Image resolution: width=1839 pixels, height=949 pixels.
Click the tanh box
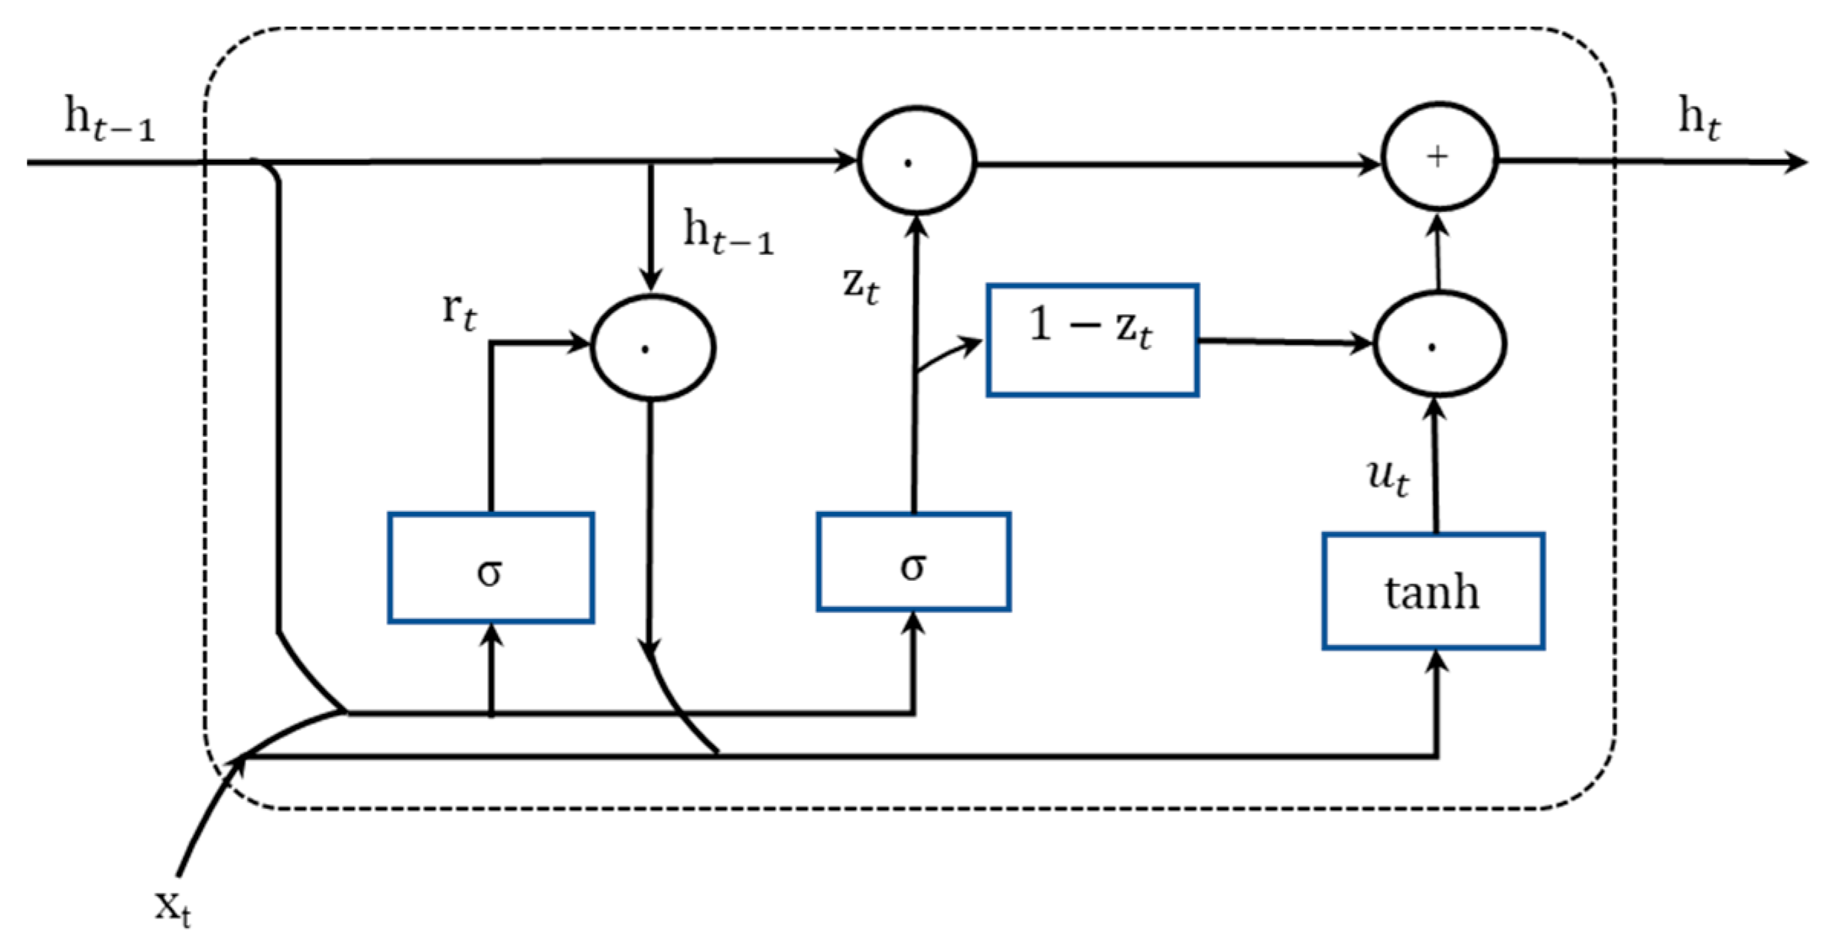tap(1433, 592)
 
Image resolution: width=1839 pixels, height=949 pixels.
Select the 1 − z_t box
tap(1092, 340)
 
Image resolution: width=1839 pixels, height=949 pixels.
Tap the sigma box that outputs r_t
tap(490, 568)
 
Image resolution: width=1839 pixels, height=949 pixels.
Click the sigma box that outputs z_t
tap(913, 562)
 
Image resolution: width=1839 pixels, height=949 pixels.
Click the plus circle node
tap(1439, 157)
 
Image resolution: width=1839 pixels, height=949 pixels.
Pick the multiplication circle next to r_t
tap(653, 347)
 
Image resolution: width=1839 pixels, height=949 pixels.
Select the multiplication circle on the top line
tap(916, 161)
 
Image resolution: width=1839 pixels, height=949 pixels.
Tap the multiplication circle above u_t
tap(1439, 344)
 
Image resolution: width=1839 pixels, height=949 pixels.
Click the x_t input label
tap(173, 908)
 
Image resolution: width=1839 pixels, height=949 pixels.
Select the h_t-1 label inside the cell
tap(727, 233)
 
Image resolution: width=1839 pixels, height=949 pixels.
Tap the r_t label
tap(459, 310)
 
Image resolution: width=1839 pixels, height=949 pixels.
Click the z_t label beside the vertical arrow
tap(861, 285)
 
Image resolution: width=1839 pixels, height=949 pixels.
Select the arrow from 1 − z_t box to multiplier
tap(1285, 342)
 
